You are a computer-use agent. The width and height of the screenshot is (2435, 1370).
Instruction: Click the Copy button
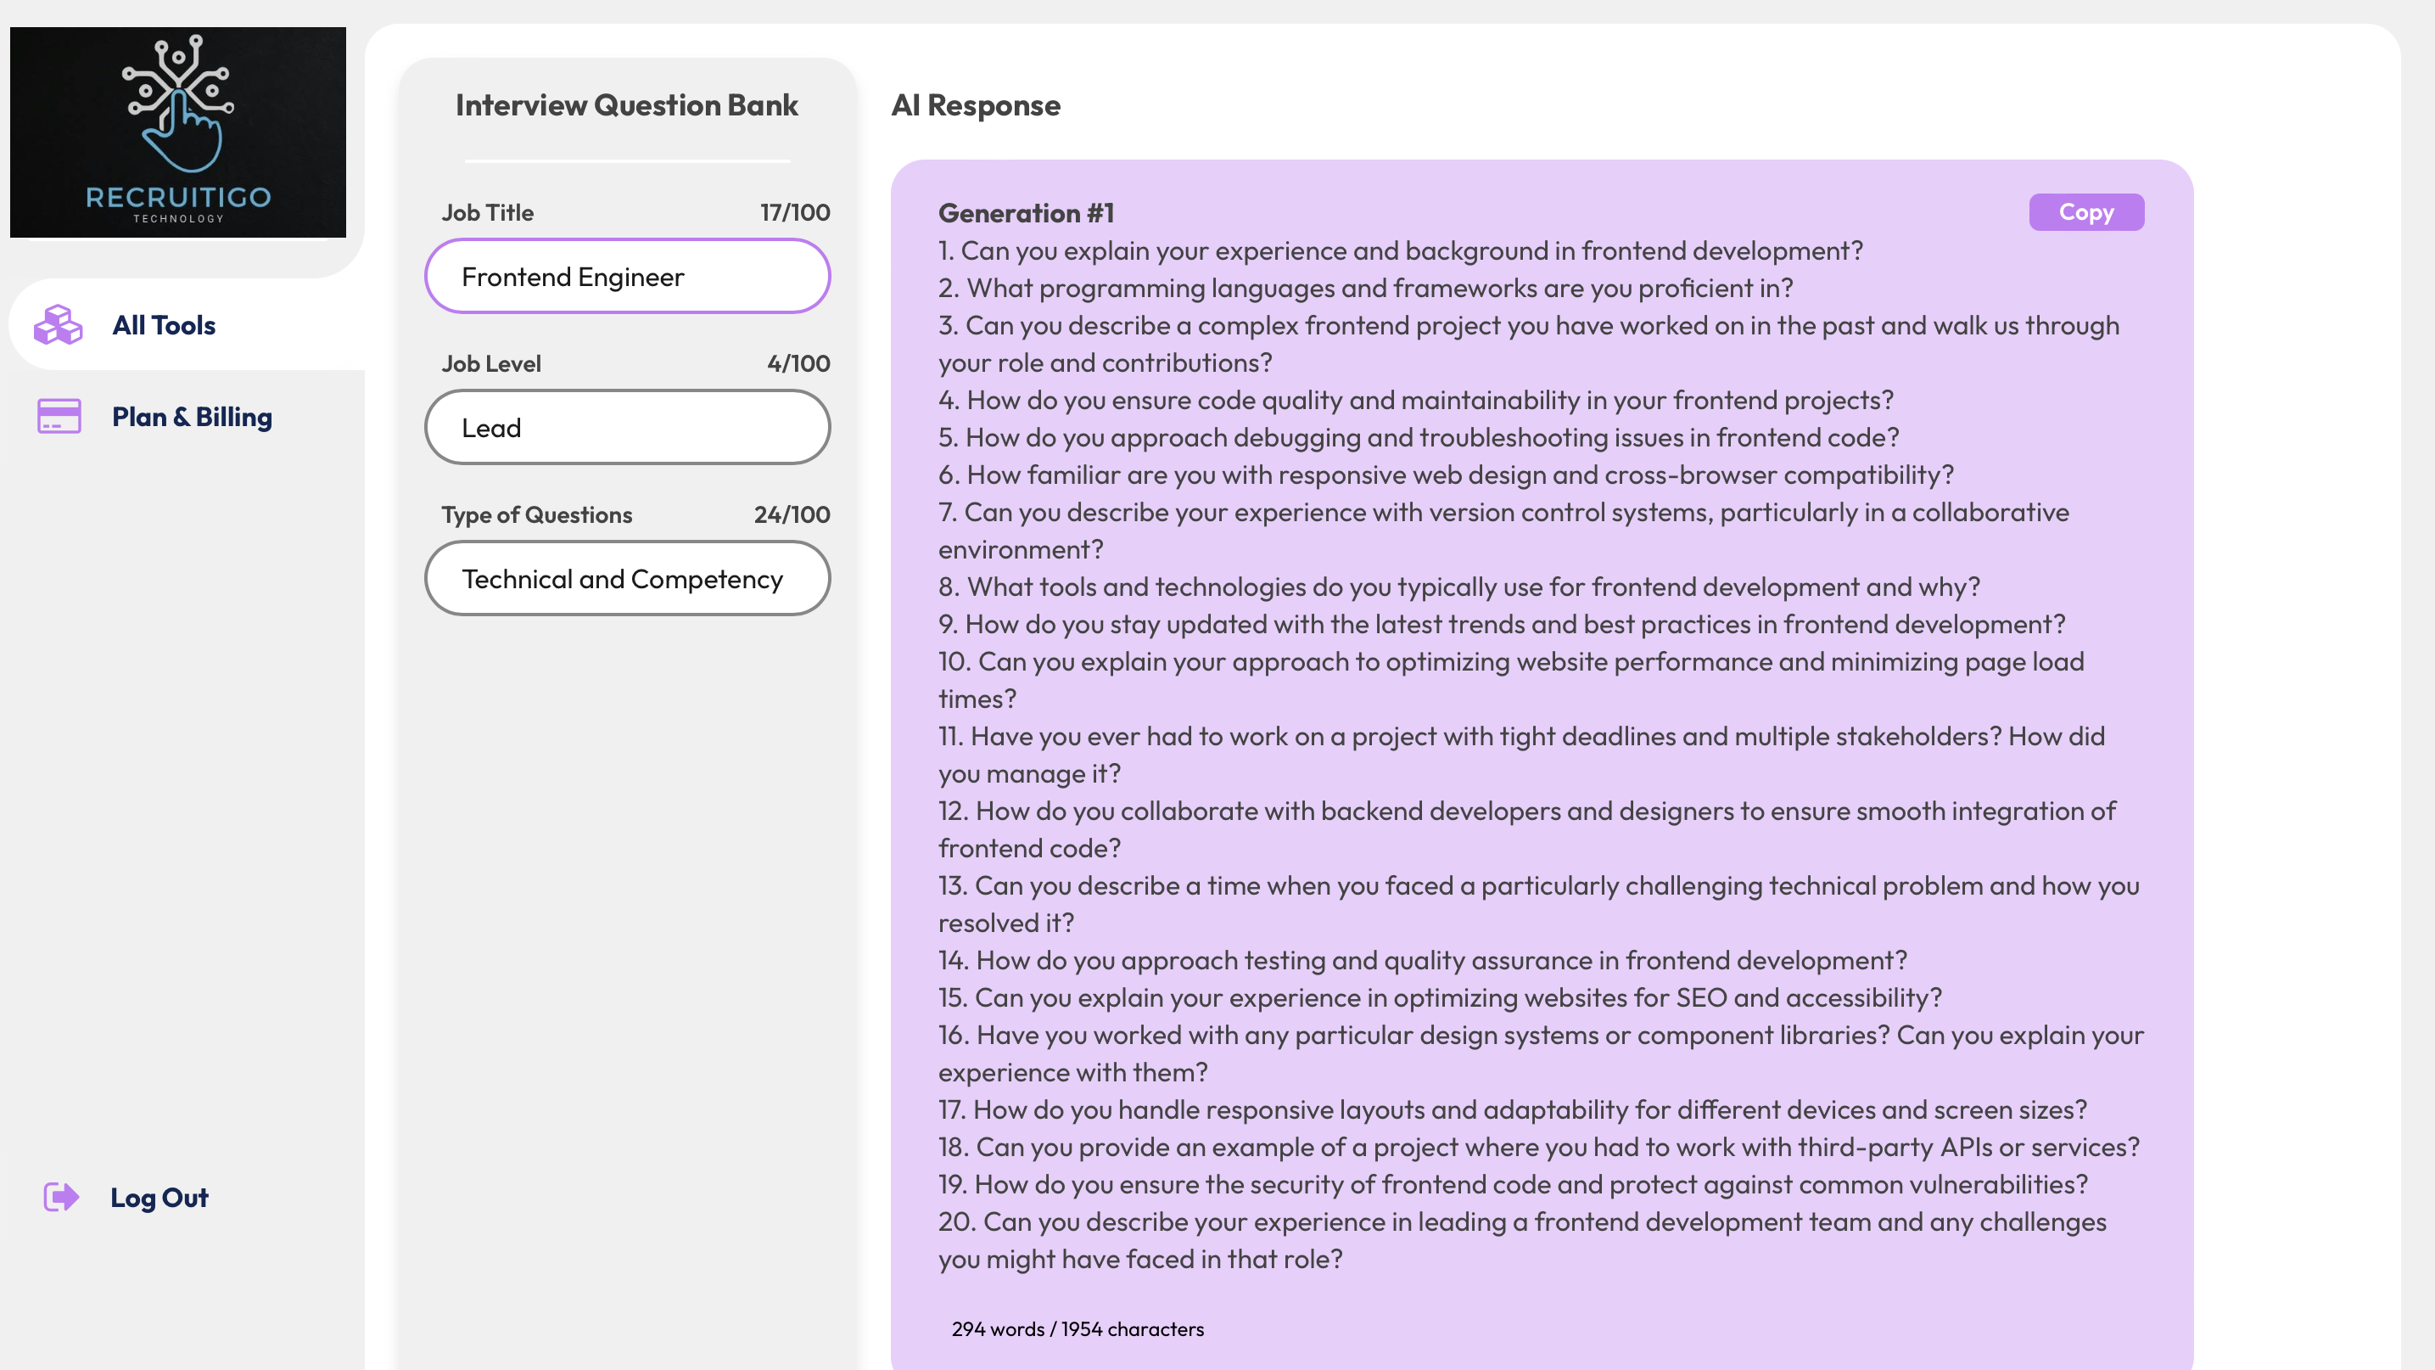tap(2085, 213)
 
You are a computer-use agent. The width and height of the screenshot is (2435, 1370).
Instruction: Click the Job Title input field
tap(627, 277)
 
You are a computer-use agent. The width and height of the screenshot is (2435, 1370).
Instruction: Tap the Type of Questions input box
tap(627, 579)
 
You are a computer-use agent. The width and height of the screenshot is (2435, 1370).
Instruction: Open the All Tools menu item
tap(164, 325)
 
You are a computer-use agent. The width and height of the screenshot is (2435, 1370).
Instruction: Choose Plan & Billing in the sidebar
tap(192, 417)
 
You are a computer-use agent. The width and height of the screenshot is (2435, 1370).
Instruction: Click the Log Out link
tap(159, 1198)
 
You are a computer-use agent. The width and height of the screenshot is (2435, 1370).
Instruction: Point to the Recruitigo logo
tap(177, 132)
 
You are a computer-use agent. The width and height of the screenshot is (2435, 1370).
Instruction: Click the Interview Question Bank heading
tap(627, 105)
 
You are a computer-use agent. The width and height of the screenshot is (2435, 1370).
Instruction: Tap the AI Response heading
tap(976, 105)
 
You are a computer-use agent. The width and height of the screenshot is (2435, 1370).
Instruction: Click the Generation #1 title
tap(1026, 214)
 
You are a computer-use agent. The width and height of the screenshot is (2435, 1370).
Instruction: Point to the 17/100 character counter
tap(795, 213)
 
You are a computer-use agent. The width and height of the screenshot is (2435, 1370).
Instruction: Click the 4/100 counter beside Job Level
tap(798, 364)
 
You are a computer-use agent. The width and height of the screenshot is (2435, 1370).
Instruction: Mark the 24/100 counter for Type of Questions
tap(792, 515)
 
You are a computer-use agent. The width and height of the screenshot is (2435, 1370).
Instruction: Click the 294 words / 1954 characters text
tap(1078, 1329)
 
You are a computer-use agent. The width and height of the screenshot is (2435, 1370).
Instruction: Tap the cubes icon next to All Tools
tap(59, 325)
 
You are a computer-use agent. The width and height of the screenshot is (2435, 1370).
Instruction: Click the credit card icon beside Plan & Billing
tap(59, 416)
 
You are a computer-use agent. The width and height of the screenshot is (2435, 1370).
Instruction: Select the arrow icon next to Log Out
tap(61, 1197)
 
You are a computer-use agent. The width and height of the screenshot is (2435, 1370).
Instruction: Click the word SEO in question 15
tap(1701, 998)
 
